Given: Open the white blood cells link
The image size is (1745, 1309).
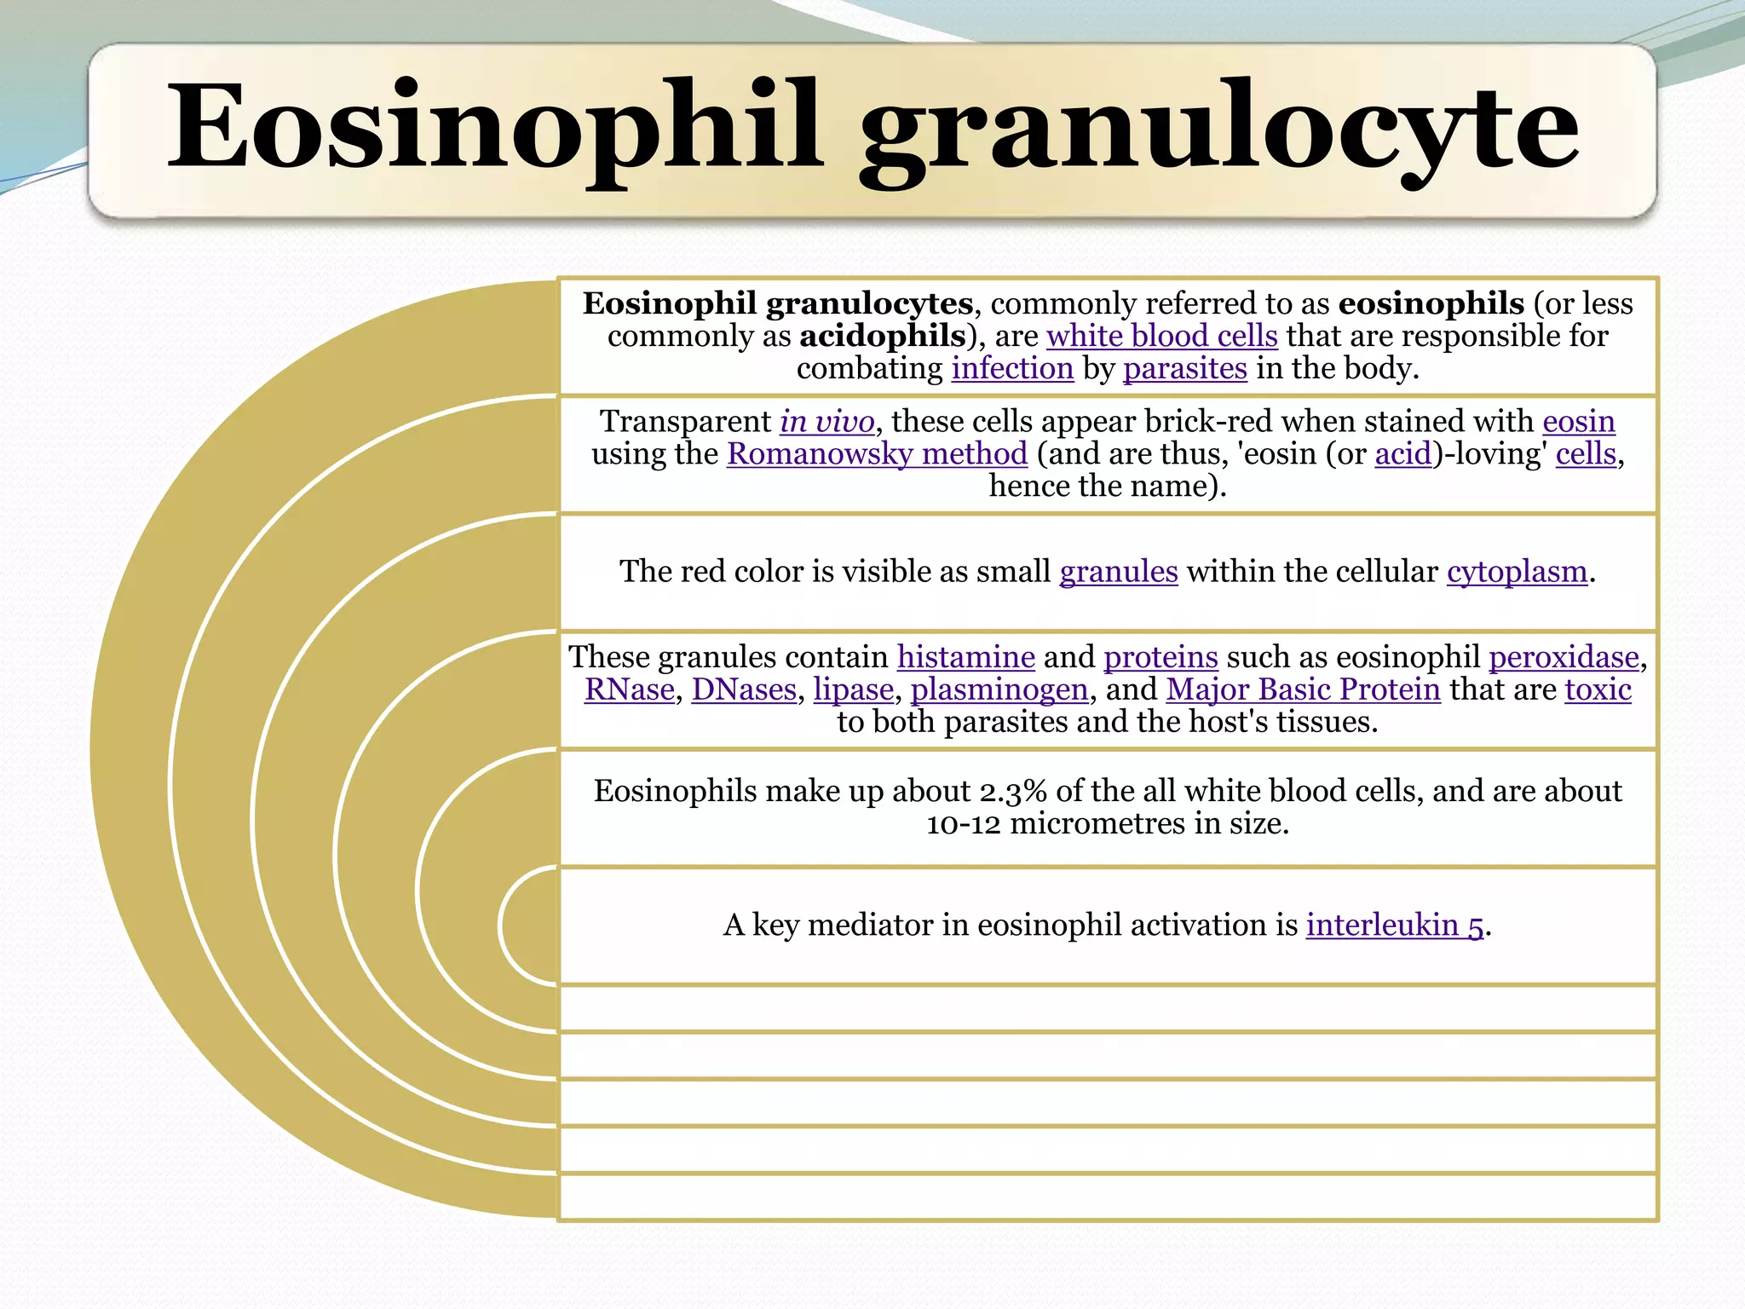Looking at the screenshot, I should [x=1161, y=336].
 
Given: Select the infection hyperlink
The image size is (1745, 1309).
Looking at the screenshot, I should [x=1012, y=368].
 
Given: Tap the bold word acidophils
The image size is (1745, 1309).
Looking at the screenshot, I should [x=882, y=336].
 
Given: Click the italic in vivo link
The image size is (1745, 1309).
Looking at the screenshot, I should [x=826, y=422].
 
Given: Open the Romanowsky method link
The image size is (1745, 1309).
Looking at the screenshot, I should [x=877, y=454].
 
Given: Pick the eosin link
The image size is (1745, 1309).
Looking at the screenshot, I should [x=1578, y=422].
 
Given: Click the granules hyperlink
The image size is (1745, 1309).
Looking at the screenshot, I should [x=1118, y=572].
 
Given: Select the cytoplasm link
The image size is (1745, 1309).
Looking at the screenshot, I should [x=1517, y=572].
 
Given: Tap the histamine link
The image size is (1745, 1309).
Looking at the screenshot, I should [x=965, y=657].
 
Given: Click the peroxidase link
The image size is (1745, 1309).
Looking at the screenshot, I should [x=1564, y=657].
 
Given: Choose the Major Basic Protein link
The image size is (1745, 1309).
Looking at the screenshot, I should [x=1303, y=689].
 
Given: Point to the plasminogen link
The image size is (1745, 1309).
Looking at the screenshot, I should [x=999, y=689].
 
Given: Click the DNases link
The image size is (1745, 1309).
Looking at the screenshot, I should [x=743, y=689].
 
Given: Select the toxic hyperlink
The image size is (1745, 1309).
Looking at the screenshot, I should [x=1598, y=689].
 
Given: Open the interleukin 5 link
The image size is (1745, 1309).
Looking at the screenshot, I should [x=1395, y=926].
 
